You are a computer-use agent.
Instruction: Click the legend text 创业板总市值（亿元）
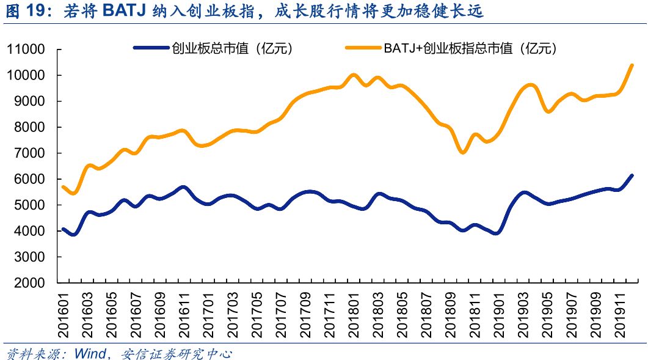pos(233,49)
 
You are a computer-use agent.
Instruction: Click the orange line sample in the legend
pos(363,48)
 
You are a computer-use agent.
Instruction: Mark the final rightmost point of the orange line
pos(632,65)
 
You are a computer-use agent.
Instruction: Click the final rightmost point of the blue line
pos(632,176)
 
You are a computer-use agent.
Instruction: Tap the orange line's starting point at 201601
pos(64,187)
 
